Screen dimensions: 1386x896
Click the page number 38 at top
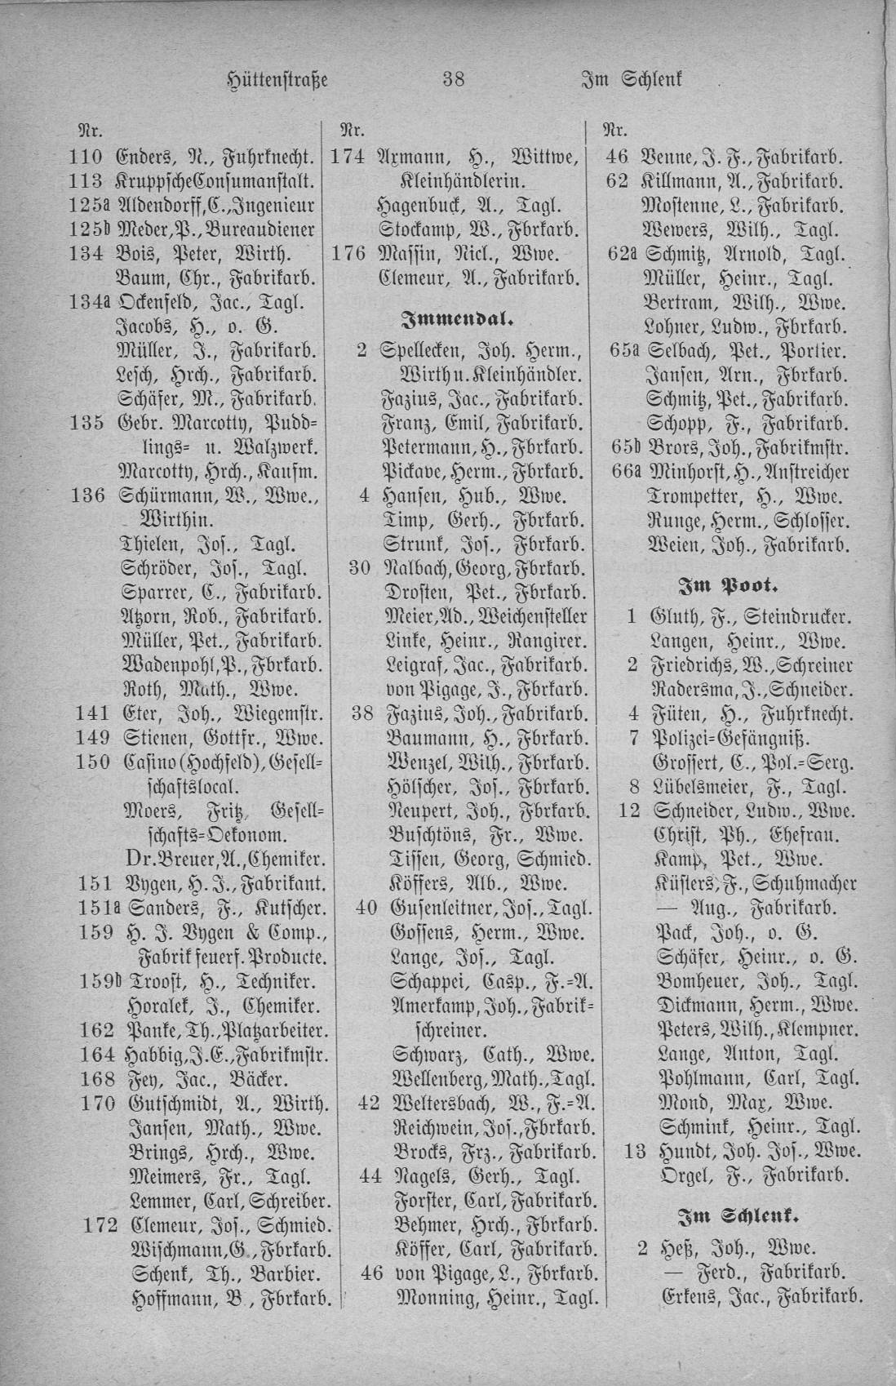click(x=453, y=80)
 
